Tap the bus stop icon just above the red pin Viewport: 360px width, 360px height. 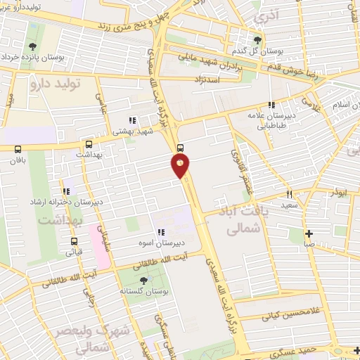[180, 148]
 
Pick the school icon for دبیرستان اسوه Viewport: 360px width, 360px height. [161, 231]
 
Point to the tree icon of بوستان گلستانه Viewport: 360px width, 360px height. [144, 281]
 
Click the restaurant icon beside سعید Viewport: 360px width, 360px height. [288, 193]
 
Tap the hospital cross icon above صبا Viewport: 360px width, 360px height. [309, 233]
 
